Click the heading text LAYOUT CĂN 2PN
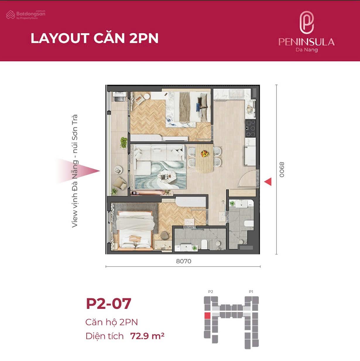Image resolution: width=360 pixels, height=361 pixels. coord(95,38)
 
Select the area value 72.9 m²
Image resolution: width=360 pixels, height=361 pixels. coord(147,336)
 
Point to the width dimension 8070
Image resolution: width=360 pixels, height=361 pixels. coord(184,261)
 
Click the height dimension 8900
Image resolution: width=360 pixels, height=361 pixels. coord(282,170)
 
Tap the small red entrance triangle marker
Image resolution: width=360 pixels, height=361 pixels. coord(268,182)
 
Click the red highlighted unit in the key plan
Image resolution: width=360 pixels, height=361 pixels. coord(207,316)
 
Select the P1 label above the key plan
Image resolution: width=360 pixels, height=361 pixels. coord(251,292)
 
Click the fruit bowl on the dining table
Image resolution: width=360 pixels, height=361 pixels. coord(205,153)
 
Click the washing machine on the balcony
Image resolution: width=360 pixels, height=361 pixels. coord(120,97)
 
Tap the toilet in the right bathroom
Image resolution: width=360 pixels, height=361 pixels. coord(249,224)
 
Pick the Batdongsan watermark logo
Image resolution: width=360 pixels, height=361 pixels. coord(26,15)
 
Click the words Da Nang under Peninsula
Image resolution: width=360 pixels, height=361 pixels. coord(306,50)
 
